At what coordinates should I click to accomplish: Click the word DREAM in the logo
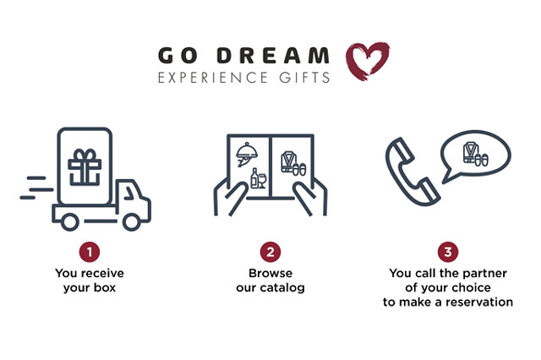pos(273,56)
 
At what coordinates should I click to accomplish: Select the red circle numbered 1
pos(90,252)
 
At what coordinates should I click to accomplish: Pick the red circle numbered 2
pos(270,252)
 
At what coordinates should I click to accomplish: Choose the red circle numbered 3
pos(448,252)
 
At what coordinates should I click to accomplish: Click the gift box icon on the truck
pos(85,166)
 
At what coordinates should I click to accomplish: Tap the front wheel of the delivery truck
pos(132,221)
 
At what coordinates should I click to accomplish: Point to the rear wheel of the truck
pos(69,221)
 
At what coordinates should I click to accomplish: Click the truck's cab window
pos(129,194)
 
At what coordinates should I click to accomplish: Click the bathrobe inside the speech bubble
pos(470,152)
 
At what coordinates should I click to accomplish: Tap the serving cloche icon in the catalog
pos(247,154)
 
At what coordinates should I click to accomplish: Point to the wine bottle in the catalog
pos(254,178)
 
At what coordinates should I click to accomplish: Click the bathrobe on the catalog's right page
pos(288,161)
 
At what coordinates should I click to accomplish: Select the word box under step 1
pos(105,287)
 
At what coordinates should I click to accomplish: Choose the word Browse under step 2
pos(270,273)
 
